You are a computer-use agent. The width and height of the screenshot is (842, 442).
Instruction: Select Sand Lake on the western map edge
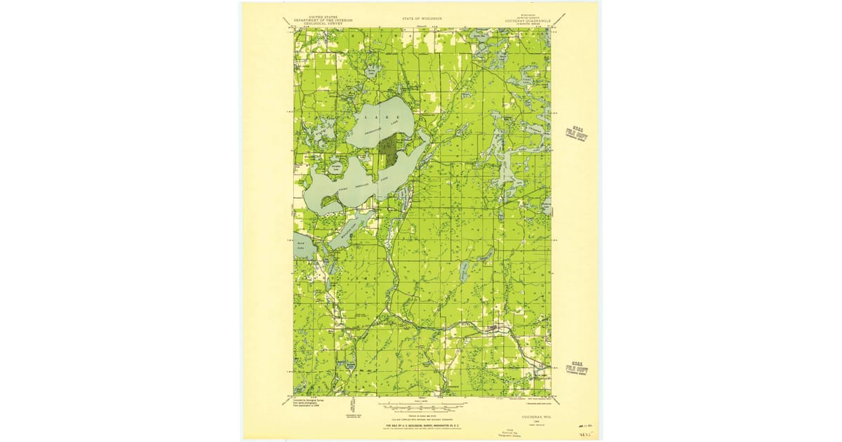(x=301, y=246)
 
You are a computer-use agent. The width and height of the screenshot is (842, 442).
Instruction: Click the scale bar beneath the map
(x=422, y=406)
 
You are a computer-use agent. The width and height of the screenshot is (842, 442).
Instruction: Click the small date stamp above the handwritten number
(x=582, y=425)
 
